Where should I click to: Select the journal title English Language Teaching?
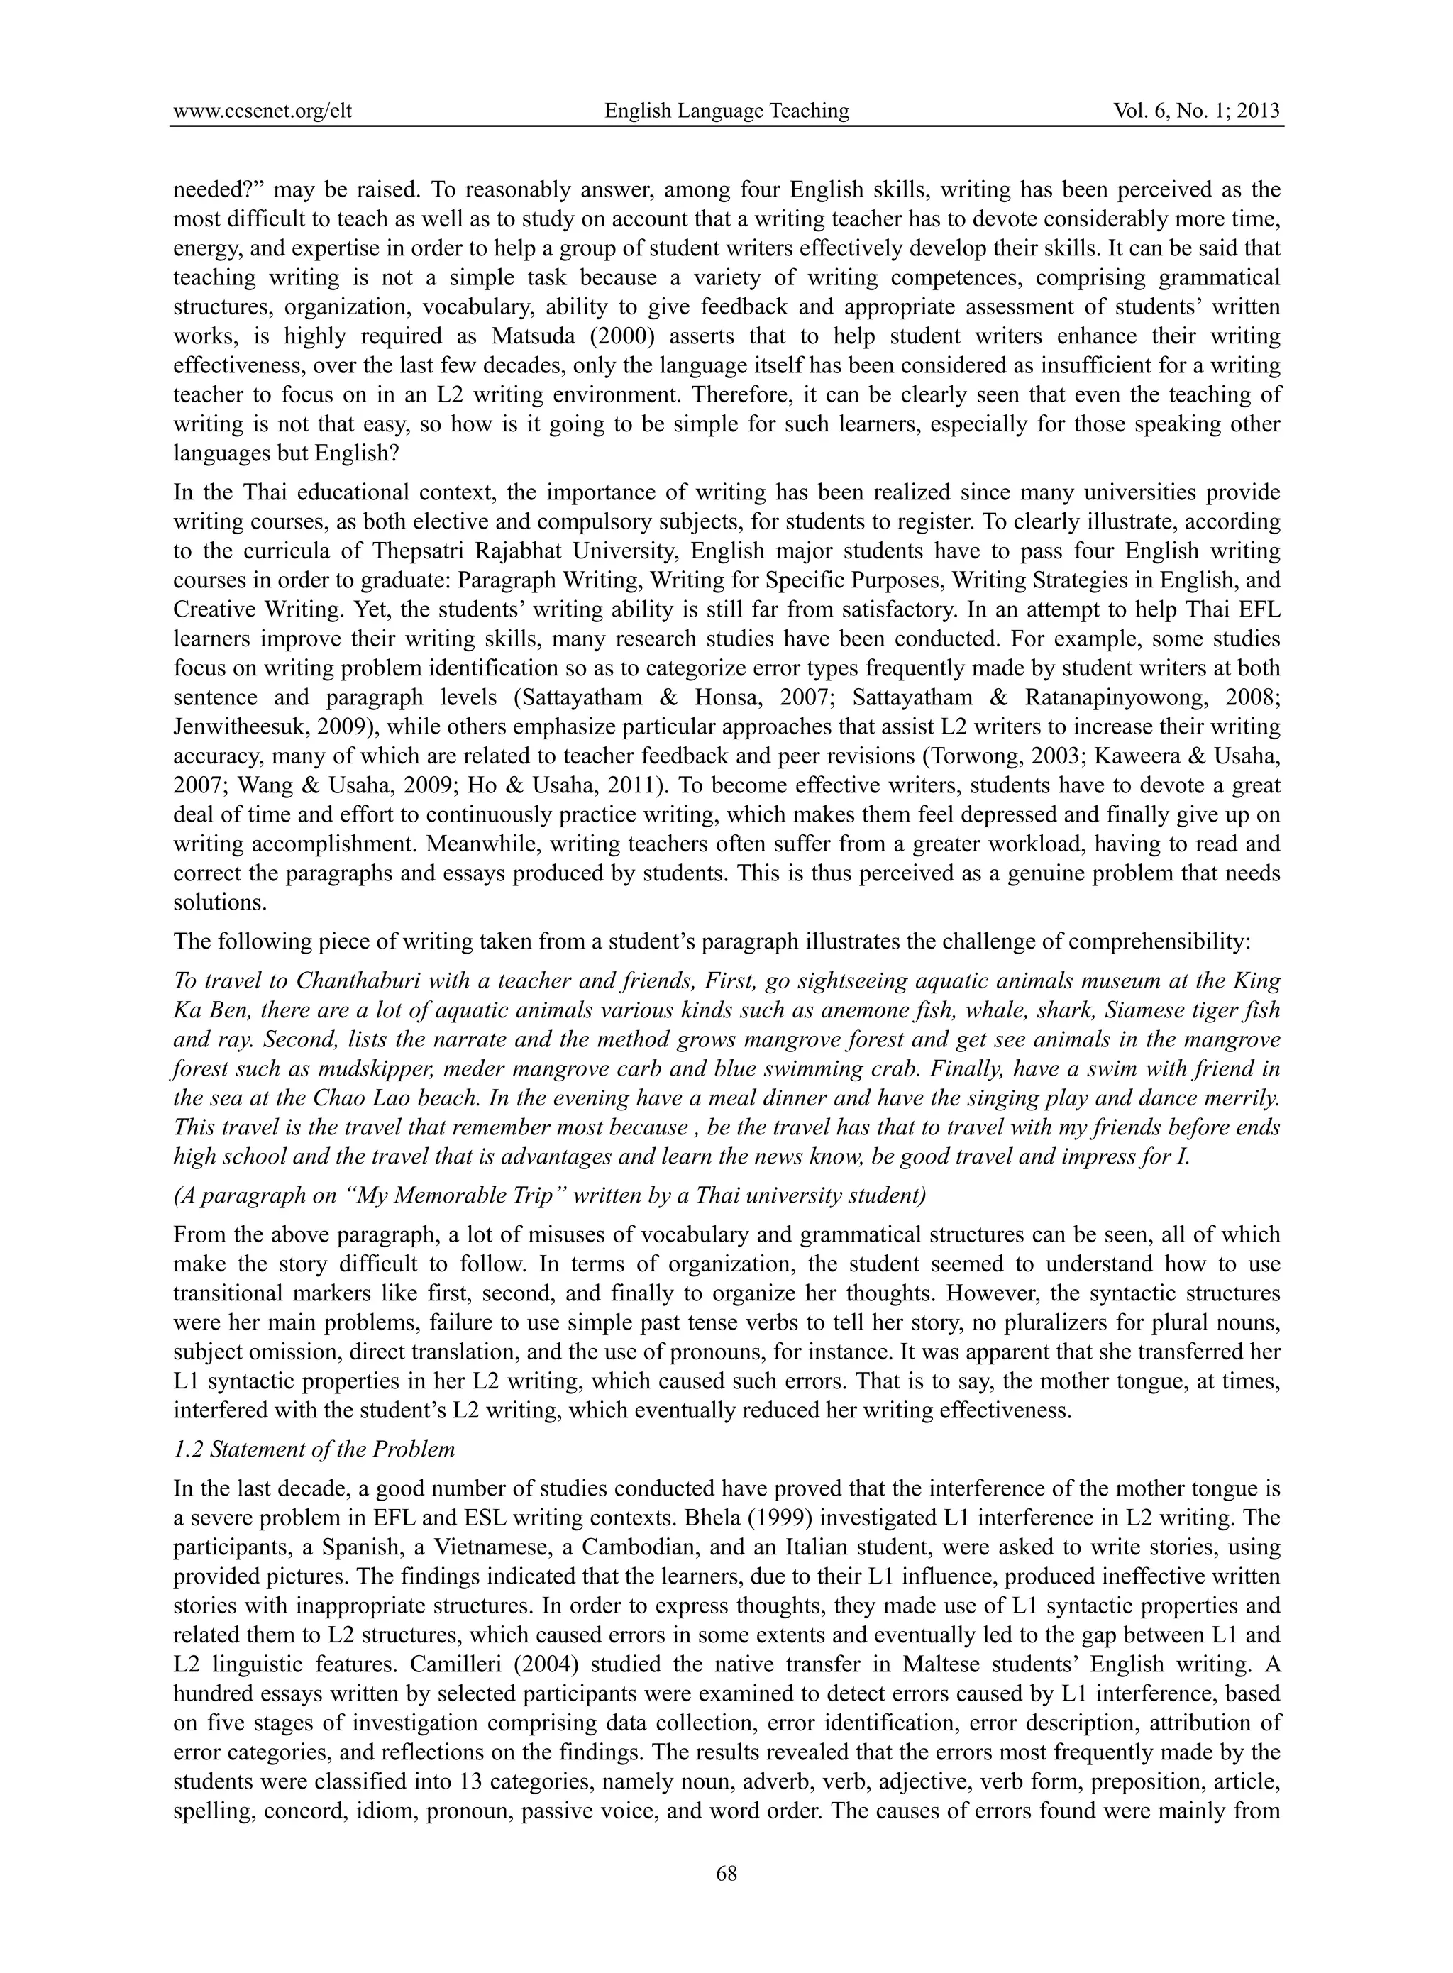click(726, 111)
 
